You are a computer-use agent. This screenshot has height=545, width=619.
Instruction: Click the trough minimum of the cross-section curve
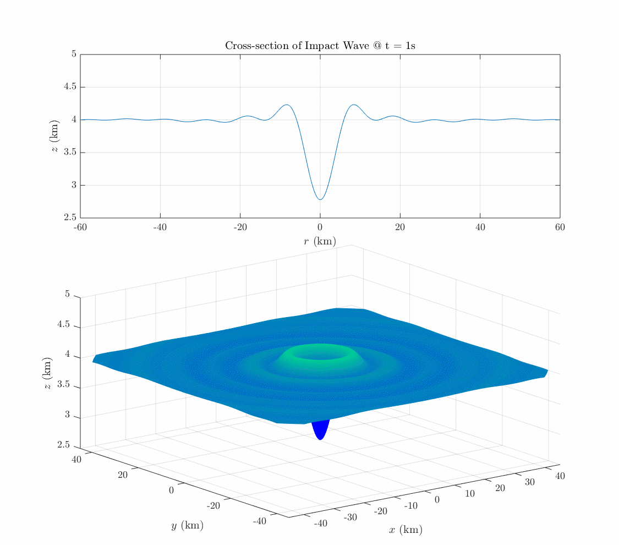tap(320, 199)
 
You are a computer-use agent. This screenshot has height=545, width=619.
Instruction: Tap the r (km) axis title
tap(320, 241)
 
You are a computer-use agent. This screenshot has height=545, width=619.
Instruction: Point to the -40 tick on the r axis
tap(160, 227)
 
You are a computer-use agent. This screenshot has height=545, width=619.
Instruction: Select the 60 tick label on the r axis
tap(560, 227)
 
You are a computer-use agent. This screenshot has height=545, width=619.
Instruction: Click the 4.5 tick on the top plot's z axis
tap(69, 87)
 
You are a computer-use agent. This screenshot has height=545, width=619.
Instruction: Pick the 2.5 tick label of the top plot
tap(69, 218)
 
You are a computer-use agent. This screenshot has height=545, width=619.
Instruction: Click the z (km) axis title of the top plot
tap(56, 136)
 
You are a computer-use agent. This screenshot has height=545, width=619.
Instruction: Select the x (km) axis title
tap(406, 530)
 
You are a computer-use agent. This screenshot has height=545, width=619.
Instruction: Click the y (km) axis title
tap(187, 526)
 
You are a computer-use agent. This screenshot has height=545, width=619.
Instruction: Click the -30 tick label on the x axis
tap(350, 517)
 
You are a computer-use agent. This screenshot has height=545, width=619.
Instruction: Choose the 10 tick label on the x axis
tap(470, 493)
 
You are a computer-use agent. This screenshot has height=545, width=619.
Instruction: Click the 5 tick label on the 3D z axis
tap(67, 295)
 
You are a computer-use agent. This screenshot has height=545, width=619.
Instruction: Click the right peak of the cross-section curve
tap(354, 105)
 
